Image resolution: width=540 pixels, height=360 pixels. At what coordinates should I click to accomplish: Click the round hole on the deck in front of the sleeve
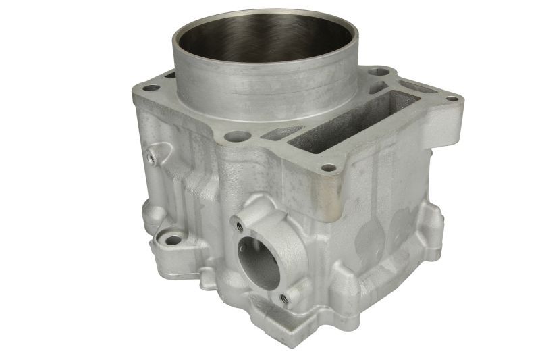pyautogui.click(x=236, y=136)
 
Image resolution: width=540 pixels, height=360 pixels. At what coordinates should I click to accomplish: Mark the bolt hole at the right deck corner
pyautogui.click(x=452, y=99)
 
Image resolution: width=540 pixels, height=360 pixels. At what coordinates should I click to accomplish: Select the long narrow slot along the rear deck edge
pyautogui.click(x=418, y=87)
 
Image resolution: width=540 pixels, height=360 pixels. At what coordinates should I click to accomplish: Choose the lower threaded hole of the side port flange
pyautogui.click(x=284, y=297)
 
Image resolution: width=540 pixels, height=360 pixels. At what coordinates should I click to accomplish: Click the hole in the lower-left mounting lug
pyautogui.click(x=173, y=240)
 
